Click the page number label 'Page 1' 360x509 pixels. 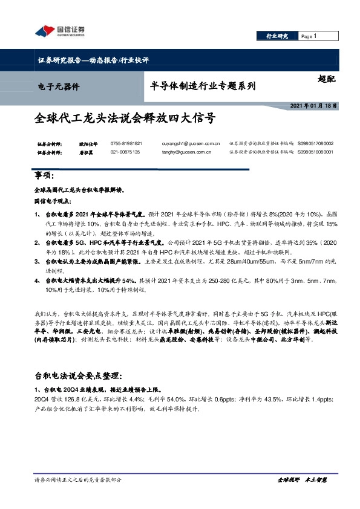point(309,36)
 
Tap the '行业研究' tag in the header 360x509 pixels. point(278,36)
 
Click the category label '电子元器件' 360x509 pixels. point(58,86)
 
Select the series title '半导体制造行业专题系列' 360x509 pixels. point(202,86)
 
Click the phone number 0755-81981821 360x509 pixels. point(126,143)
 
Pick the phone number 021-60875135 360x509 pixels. point(125,152)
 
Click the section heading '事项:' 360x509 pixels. point(45,176)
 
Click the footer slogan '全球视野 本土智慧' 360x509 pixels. point(302,479)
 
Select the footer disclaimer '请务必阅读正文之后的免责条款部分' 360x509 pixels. point(78,479)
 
